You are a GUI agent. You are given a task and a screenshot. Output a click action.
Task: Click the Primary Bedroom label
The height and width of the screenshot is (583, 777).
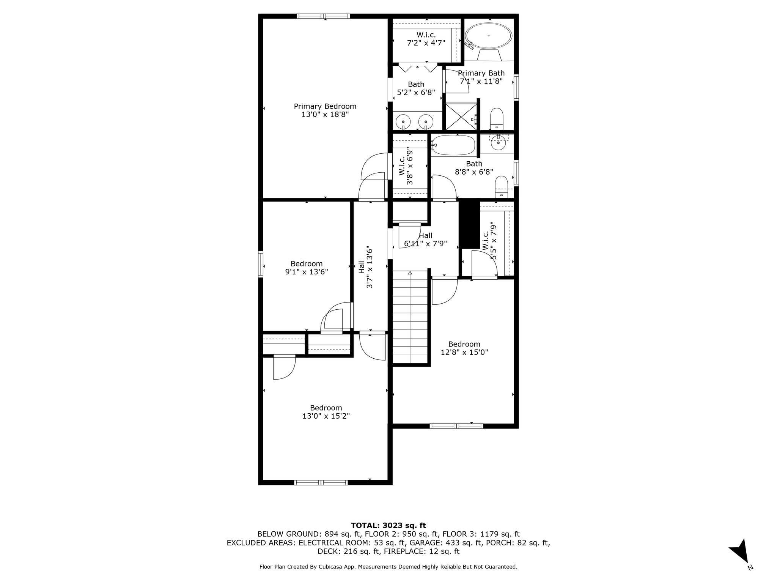(325, 110)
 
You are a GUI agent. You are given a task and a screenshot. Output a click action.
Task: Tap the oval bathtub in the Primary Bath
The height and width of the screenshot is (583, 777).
(489, 36)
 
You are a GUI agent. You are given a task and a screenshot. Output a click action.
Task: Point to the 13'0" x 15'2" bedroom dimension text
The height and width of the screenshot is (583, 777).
(326, 416)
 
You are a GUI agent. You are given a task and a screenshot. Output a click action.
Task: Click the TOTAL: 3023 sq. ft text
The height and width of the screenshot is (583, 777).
(388, 525)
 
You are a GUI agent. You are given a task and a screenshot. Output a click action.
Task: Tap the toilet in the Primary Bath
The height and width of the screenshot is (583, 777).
(496, 118)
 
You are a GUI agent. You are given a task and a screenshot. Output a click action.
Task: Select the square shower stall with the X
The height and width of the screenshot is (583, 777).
(461, 116)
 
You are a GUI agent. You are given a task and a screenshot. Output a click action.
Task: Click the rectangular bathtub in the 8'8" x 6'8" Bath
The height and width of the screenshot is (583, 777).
(453, 145)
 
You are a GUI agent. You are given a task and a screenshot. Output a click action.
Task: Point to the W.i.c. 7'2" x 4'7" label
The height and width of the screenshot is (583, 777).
(426, 39)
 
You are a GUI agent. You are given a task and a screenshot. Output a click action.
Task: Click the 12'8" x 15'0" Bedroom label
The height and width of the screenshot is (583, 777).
(464, 348)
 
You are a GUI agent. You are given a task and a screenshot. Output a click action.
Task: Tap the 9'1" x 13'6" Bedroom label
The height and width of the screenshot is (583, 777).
(307, 268)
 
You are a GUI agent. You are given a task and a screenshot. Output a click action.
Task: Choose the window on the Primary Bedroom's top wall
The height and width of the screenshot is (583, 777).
(323, 16)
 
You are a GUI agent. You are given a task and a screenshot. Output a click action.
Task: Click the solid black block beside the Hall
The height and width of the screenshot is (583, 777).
(470, 224)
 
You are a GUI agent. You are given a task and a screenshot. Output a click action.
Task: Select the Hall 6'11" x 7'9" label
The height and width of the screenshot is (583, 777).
(426, 240)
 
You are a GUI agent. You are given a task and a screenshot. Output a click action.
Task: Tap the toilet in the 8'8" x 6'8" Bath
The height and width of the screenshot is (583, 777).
(502, 186)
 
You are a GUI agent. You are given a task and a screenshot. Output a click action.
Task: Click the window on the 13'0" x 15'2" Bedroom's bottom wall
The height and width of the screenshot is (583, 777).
(321, 482)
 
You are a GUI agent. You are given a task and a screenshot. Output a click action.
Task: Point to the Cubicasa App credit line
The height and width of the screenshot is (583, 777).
(388, 567)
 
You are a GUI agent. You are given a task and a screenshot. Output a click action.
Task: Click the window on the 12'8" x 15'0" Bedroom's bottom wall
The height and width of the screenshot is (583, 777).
(456, 426)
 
